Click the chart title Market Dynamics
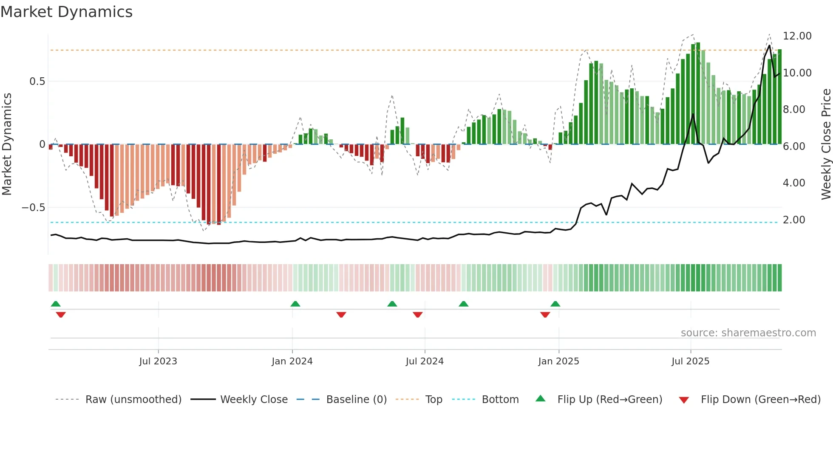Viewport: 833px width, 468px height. [x=66, y=12]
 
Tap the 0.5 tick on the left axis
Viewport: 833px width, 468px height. [x=37, y=81]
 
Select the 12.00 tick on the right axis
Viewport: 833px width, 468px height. [x=797, y=36]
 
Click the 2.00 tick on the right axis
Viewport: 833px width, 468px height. [x=794, y=220]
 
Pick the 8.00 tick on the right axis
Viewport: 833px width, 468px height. [x=794, y=110]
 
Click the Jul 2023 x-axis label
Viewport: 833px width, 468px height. [x=158, y=361]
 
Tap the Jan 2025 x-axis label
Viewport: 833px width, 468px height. [x=558, y=361]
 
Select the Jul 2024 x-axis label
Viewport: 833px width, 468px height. [x=425, y=361]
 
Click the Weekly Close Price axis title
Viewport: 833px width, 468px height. [x=826, y=144]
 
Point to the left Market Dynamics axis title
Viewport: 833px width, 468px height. [x=7, y=144]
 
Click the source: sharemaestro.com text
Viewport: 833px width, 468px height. [x=748, y=333]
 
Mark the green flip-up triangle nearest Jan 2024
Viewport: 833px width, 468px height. [x=295, y=304]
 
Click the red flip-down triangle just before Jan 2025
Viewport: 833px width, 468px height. [x=545, y=315]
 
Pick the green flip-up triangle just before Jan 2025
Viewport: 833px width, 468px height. [x=555, y=304]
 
